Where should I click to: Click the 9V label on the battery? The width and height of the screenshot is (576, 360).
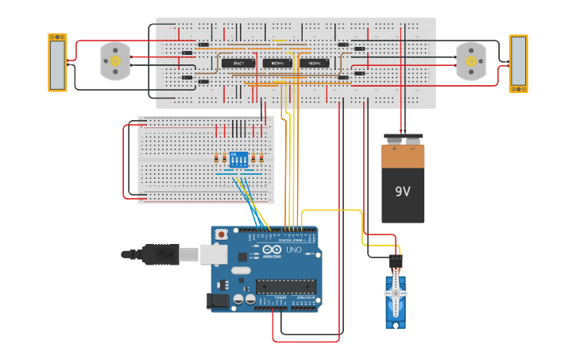click(403, 192)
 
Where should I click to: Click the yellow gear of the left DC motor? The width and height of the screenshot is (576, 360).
click(115, 61)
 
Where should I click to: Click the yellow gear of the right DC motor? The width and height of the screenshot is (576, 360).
click(470, 61)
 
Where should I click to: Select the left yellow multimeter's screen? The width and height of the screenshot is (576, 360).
click(57, 64)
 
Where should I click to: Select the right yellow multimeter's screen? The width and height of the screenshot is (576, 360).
click(518, 64)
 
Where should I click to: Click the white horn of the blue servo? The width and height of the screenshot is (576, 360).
click(395, 294)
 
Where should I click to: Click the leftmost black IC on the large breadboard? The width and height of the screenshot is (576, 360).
click(238, 63)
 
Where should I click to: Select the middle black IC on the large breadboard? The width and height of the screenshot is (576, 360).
click(276, 63)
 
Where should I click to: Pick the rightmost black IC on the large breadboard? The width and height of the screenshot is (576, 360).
click(314, 63)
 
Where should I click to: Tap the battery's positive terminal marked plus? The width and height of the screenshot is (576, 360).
click(394, 148)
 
